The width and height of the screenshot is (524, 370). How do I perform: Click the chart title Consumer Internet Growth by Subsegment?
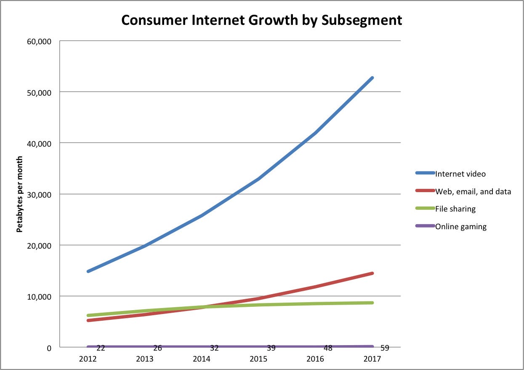click(261, 20)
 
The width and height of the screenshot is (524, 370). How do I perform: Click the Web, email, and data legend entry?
click(473, 191)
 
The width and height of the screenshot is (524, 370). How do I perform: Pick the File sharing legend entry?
click(455, 209)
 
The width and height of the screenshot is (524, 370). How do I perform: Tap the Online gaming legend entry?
click(460, 227)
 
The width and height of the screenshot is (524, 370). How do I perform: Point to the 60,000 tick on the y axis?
click(39, 41)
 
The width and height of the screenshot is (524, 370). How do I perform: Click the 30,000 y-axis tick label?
click(39, 195)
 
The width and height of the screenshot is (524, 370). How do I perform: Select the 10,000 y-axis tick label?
click(39, 297)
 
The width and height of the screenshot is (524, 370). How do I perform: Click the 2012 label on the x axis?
click(88, 359)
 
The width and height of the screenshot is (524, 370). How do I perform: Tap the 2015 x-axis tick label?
click(258, 359)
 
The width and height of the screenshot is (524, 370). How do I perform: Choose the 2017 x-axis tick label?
click(372, 359)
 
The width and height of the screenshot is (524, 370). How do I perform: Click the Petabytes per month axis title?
click(19, 194)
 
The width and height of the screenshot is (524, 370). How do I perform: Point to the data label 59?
click(384, 349)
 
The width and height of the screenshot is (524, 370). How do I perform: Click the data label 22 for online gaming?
click(100, 349)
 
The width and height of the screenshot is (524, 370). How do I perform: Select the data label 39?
click(271, 349)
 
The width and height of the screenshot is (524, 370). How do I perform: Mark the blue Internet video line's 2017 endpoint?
click(372, 78)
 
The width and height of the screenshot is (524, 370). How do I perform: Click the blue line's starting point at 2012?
click(88, 271)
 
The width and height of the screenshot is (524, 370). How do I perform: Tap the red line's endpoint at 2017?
click(372, 273)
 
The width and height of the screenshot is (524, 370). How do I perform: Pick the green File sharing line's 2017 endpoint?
click(372, 303)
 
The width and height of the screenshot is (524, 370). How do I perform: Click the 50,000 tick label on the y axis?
click(39, 92)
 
